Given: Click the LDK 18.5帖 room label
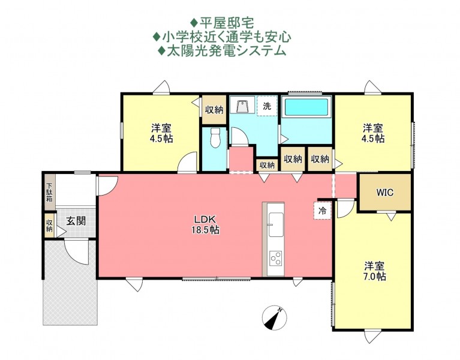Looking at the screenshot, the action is pos(205,224).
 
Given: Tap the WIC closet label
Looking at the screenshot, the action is pos(385,193).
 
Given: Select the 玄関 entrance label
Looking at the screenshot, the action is pos(76,221).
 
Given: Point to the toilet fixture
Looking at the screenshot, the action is pos(215,138).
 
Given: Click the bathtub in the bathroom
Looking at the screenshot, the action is pos(306,107).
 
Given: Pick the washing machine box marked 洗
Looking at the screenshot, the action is pos(267,106).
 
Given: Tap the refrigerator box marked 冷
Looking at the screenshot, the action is pos(323,211).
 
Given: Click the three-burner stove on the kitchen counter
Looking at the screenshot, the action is pos(276,258).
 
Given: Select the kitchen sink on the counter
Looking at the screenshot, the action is pos(276,224).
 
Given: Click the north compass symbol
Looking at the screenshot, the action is pos(274,318).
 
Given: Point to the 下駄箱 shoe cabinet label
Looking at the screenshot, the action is pos(50,193).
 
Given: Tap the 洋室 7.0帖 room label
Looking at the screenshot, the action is pos(375,271).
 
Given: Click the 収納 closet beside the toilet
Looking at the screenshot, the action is pos(214,110).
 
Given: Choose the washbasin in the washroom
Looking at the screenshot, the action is pos(243,106).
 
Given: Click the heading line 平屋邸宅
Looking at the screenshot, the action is pos(222,23).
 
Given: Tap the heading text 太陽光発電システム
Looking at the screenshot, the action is pos(222,51).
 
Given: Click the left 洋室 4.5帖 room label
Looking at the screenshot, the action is pos(161,133).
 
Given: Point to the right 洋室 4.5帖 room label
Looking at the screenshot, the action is pos(373,133).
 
